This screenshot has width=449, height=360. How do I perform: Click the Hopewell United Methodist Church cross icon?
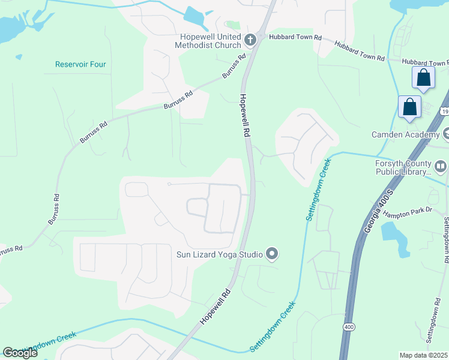tap(250, 40)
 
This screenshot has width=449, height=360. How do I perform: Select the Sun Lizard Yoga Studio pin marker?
tap(272, 254)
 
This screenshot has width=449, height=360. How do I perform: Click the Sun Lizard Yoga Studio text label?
tap(219, 254)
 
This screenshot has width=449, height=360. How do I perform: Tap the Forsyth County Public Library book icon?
tap(441, 166)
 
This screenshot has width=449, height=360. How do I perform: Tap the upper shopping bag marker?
tap(424, 78)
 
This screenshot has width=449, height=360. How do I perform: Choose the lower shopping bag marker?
tap(410, 107)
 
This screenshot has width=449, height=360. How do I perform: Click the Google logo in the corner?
tap(20, 352)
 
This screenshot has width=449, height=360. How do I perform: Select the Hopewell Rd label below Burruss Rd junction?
tap(244, 116)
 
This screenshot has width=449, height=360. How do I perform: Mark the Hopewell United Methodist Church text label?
tap(208, 40)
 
